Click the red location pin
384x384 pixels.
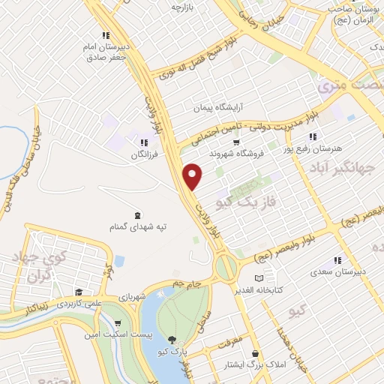[193, 176]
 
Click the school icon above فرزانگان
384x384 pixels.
[143, 142]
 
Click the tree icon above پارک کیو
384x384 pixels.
[173, 339]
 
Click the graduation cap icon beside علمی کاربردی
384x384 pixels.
[78, 292]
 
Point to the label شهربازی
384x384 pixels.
[126, 298]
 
